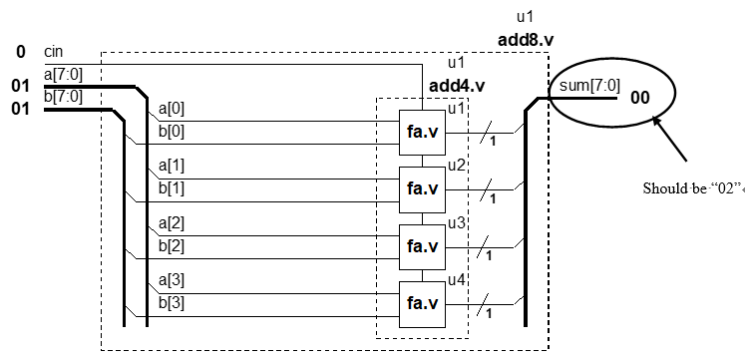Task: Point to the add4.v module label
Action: (455, 86)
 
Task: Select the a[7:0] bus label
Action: (63, 71)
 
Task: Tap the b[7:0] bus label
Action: (63, 96)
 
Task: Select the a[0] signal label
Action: (172, 108)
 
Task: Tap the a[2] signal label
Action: (172, 224)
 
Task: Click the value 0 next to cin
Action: (20, 51)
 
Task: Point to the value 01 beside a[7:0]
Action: (20, 86)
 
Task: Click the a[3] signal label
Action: (172, 282)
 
